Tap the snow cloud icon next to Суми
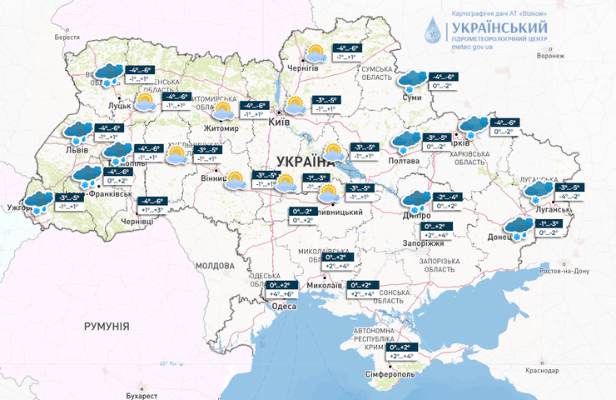coord(412,80)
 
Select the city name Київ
coord(280,122)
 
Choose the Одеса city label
coord(284,307)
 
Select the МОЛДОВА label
coord(215,265)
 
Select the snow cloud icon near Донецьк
coord(518,227)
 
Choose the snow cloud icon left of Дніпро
coord(414,200)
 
